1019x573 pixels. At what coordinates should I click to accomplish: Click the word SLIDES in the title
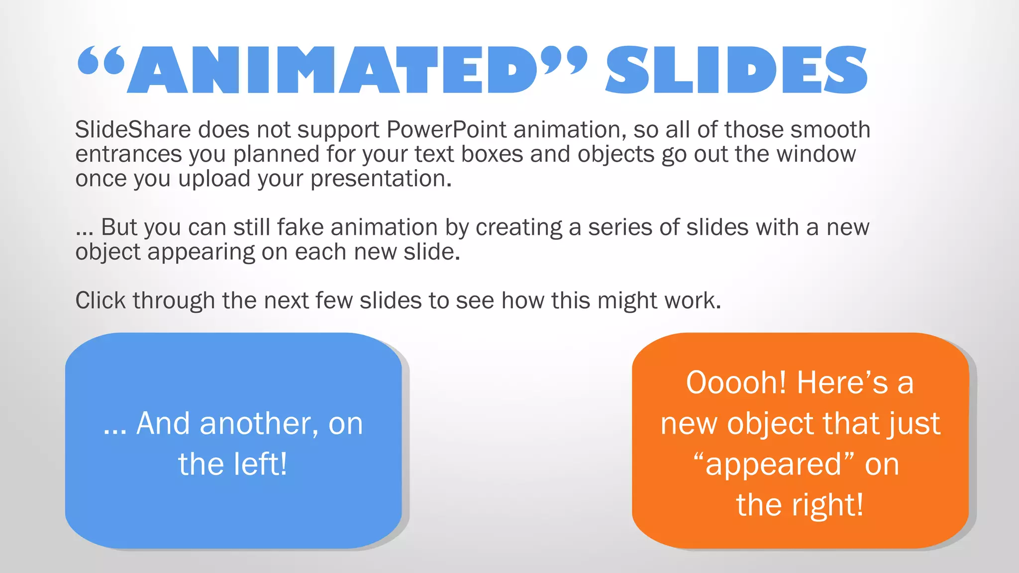coord(736,70)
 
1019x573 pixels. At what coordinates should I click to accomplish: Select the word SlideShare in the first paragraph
coord(133,130)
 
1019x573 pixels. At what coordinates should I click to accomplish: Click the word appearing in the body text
coord(201,252)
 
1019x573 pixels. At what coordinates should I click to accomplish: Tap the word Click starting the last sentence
coord(101,300)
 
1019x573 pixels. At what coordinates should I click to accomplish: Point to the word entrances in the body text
coord(128,154)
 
